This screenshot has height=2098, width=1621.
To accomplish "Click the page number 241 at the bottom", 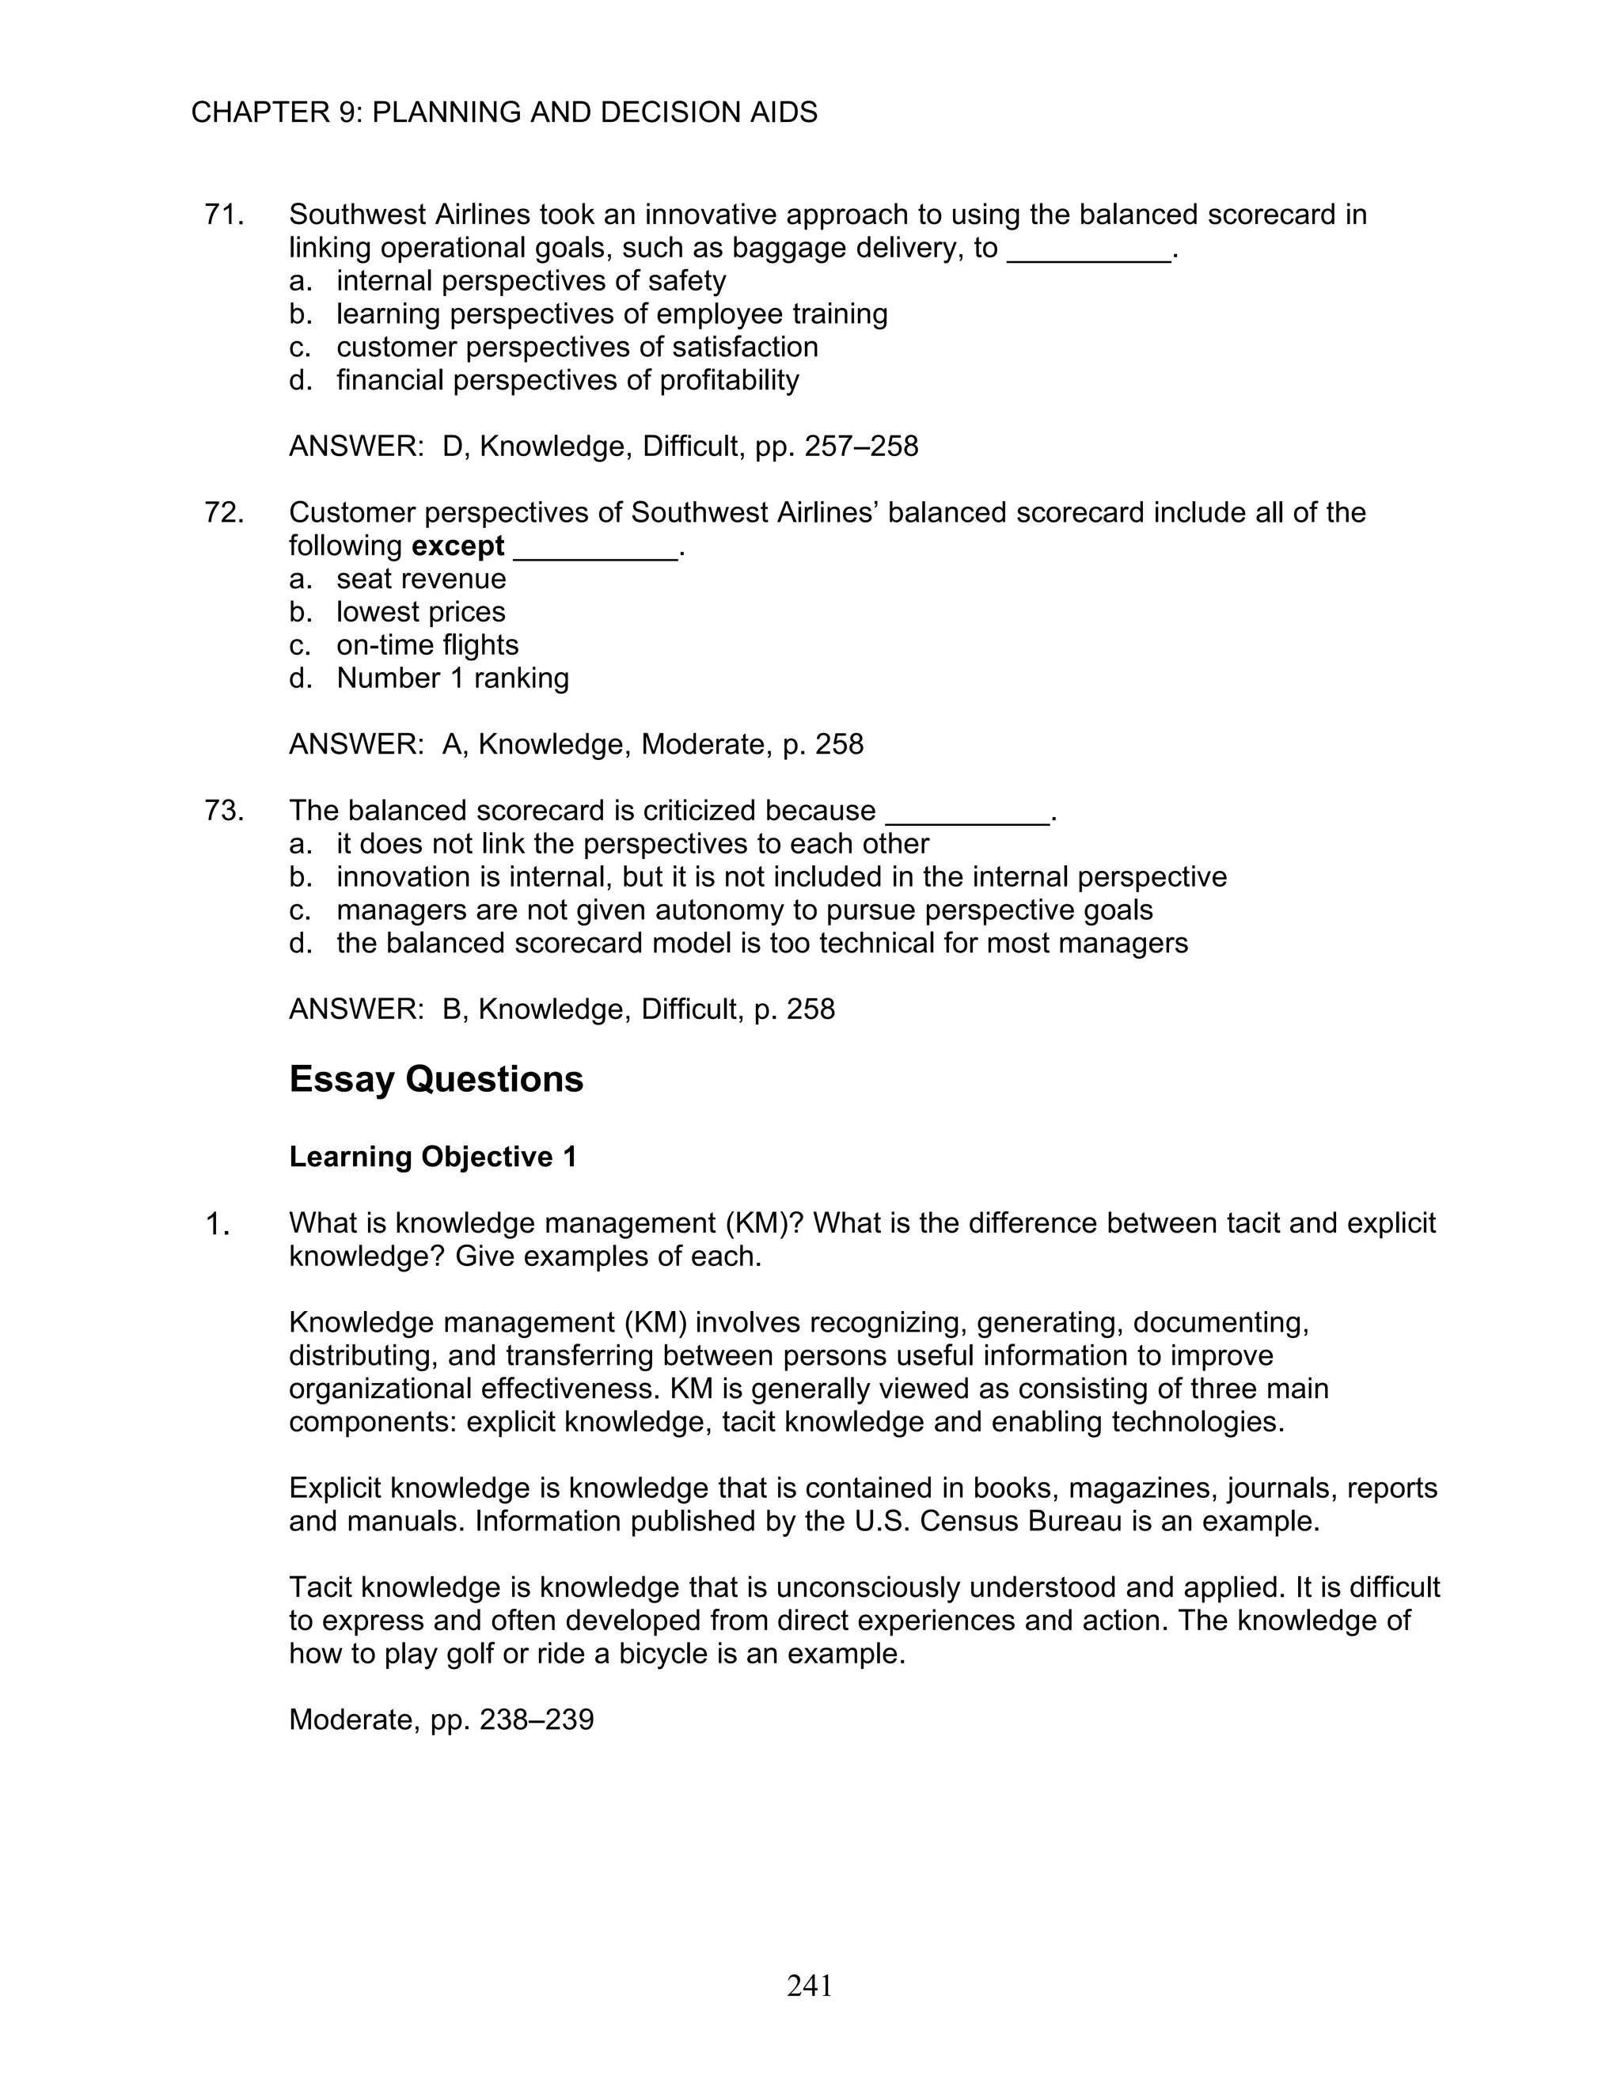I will click(x=810, y=1985).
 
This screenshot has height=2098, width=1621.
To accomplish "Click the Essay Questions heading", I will click(x=436, y=1080).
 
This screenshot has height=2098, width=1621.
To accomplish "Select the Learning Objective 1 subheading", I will click(x=433, y=1157).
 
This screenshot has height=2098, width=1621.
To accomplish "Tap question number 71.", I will click(x=224, y=215).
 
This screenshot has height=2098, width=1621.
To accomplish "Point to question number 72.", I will click(x=224, y=513).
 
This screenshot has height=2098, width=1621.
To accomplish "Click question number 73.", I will click(x=224, y=811).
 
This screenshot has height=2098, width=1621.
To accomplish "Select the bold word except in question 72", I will click(x=457, y=546).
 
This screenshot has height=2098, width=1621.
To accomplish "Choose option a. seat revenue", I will click(x=419, y=580).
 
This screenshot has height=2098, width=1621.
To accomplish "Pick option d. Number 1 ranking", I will click(x=451, y=678).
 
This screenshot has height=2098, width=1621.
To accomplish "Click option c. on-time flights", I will click(x=427, y=645).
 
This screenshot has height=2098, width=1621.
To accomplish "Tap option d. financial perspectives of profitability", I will click(x=567, y=380).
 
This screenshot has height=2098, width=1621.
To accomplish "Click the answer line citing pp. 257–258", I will click(x=603, y=447).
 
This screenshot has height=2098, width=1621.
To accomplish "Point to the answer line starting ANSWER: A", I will click(x=576, y=744).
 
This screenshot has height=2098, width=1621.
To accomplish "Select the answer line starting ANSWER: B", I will click(x=562, y=1009).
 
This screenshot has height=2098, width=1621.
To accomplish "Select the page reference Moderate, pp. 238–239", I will click(x=441, y=1720).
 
